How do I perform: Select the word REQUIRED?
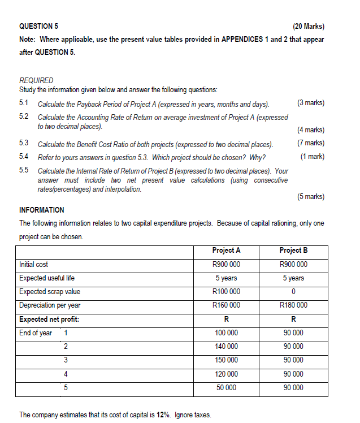coord(36,80)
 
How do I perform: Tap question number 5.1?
coord(24,103)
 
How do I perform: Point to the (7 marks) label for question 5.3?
coord(310,143)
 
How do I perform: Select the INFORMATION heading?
coord(42,210)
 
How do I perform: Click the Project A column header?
coord(226,251)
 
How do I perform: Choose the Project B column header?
coord(293,251)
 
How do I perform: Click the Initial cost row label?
coord(34,264)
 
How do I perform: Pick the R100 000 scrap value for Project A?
coord(226,292)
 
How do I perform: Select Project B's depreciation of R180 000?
coord(293,305)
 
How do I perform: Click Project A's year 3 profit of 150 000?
coord(226,360)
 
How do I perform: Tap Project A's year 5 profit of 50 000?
coord(226,388)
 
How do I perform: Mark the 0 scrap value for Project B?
coord(293,292)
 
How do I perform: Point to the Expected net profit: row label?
coord(49,319)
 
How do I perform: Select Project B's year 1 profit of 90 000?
coord(293,333)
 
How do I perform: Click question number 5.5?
coord(24,170)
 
